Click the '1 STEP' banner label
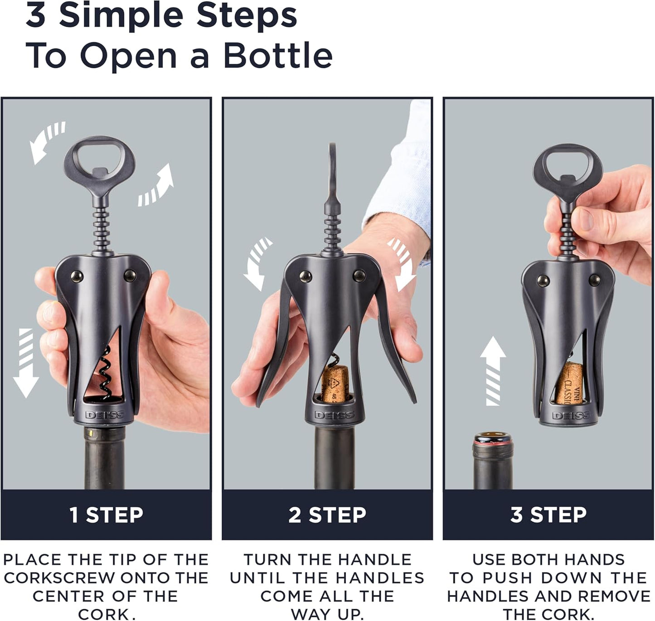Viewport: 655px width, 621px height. pyautogui.click(x=106, y=515)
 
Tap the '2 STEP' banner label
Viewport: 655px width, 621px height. pyautogui.click(x=327, y=515)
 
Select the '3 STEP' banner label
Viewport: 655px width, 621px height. pyautogui.click(x=548, y=515)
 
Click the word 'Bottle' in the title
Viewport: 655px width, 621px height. pyautogui.click(x=278, y=56)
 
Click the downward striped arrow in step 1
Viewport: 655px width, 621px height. pyautogui.click(x=25, y=362)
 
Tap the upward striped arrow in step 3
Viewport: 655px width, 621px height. pyautogui.click(x=493, y=371)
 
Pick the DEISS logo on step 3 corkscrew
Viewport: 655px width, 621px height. pyautogui.click(x=571, y=415)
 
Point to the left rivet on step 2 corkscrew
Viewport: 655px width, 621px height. pyautogui.click(x=305, y=276)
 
